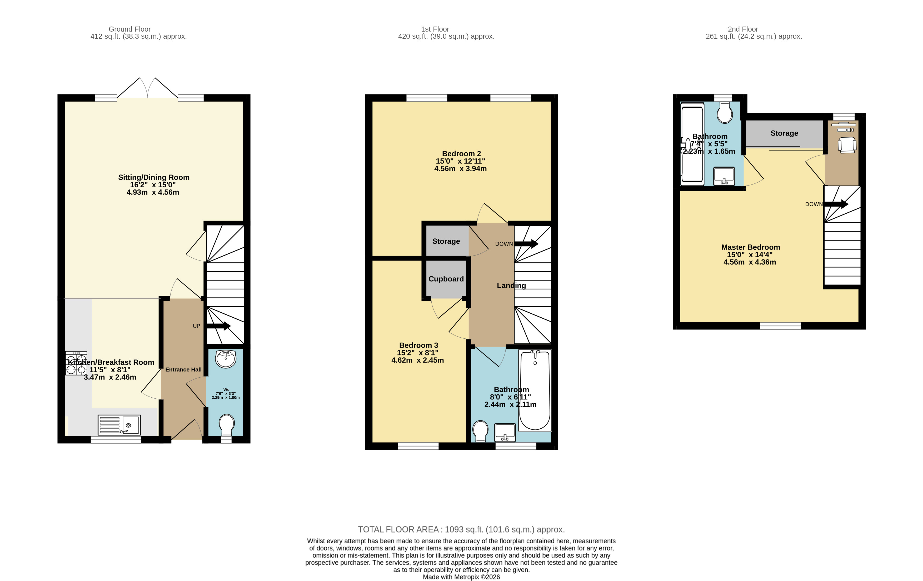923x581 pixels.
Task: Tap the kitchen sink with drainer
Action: click(x=119, y=425)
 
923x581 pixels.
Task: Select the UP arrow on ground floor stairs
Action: click(x=218, y=326)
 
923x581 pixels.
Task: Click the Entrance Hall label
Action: click(x=183, y=369)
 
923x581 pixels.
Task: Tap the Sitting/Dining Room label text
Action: click(x=154, y=177)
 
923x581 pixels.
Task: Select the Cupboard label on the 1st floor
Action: click(x=446, y=279)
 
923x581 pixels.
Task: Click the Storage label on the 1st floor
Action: click(x=446, y=241)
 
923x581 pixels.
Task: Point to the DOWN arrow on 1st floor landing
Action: click(x=526, y=244)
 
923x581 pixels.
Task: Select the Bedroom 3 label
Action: click(x=418, y=345)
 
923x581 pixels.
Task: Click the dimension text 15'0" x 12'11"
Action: click(x=460, y=161)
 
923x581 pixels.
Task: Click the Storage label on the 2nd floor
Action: click(x=784, y=133)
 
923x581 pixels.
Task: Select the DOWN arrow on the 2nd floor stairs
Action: click(x=836, y=204)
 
